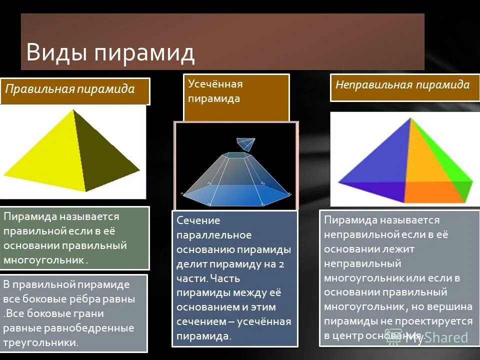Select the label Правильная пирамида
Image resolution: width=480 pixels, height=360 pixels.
pos(70,89)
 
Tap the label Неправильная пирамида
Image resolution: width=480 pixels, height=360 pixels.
pos(402,84)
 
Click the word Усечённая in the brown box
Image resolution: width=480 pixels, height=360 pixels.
pos(215,84)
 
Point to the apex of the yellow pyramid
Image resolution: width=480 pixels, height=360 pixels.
pos(73,109)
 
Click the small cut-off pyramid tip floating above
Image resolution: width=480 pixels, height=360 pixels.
pos(245,143)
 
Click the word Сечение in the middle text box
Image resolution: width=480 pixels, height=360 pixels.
pos(198,220)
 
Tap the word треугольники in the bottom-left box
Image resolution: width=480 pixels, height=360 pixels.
pos(40,342)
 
